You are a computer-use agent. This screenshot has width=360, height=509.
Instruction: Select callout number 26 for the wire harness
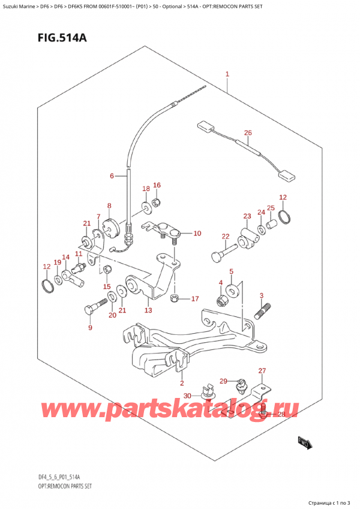pyautogui.click(x=248, y=133)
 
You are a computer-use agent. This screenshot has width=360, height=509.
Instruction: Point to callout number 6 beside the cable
pyautogui.click(x=112, y=176)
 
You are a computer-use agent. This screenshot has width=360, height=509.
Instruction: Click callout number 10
pyautogui.click(x=197, y=233)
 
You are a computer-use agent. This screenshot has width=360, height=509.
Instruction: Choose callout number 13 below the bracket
pyautogui.click(x=148, y=310)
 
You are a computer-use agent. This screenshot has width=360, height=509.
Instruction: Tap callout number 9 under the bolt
pyautogui.click(x=90, y=328)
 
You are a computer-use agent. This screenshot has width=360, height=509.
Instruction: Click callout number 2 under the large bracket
pyautogui.click(x=182, y=382)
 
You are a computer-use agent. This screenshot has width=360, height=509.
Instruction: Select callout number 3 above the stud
pyautogui.click(x=261, y=295)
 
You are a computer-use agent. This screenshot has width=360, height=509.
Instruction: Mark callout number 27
pyautogui.click(x=261, y=371)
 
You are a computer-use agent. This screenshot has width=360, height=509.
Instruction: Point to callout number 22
pyautogui.click(x=225, y=236)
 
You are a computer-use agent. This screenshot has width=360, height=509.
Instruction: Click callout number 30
pyautogui.click(x=187, y=396)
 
